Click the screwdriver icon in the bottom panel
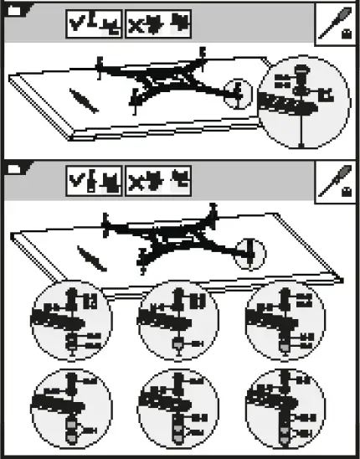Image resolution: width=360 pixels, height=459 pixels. click(337, 180)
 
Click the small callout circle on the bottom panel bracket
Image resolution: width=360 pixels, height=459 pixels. click(249, 251)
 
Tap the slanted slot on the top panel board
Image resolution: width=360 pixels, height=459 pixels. click(83, 100)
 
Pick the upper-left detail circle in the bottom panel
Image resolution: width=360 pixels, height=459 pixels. click(70, 322)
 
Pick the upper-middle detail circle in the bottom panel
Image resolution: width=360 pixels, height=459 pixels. click(177, 322)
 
